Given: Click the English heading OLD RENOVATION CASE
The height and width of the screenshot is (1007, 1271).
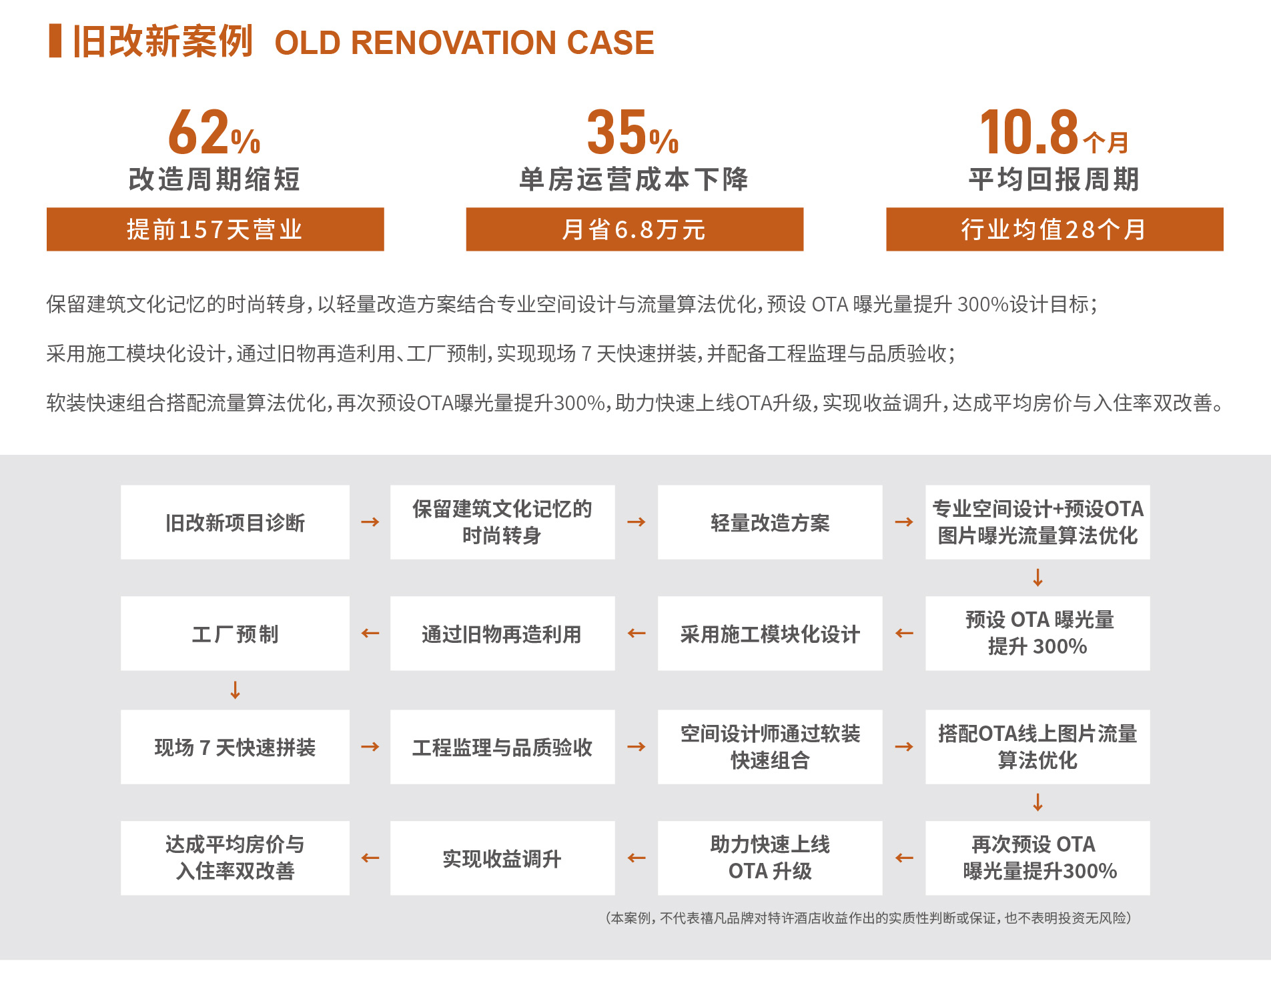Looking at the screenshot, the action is coord(464,43).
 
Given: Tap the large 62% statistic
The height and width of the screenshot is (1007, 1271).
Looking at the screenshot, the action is coord(214,132).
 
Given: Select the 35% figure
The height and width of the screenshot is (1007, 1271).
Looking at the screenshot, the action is coord(632,132).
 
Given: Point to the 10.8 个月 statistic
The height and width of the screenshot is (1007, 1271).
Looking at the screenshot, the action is coord(1053,132).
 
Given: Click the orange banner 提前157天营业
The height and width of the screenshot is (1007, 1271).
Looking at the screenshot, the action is coord(215,229).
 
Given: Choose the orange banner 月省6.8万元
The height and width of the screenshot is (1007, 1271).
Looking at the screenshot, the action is coord(634,229).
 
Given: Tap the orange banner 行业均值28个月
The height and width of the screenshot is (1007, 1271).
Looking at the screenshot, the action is coord(1054,229).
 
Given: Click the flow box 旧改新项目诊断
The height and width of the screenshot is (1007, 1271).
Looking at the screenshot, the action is coord(235,522).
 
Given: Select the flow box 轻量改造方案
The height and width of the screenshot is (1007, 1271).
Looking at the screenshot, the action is coord(770,522).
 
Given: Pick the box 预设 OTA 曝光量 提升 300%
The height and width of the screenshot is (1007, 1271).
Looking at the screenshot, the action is coord(1037,633).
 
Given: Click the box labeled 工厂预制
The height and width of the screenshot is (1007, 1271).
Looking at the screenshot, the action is coord(235,633).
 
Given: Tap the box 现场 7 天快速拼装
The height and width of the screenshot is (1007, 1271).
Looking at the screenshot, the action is coord(235,747).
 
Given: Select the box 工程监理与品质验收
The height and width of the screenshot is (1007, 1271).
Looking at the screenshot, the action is coord(502,747).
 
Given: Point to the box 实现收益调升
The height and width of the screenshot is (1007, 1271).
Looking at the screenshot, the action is coord(502,858).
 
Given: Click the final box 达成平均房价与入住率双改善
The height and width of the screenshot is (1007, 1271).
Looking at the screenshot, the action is coord(235,858).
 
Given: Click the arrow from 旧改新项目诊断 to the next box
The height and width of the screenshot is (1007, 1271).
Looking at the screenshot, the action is coord(370,522).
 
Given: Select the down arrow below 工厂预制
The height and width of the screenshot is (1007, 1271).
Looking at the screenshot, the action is coord(235,690).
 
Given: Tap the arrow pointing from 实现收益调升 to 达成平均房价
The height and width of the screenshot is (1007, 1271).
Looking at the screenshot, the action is coord(370,858).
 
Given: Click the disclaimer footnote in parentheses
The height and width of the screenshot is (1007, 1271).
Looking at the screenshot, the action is coord(869,918).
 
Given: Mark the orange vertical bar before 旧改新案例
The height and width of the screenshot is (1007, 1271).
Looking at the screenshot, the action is coord(55,41).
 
